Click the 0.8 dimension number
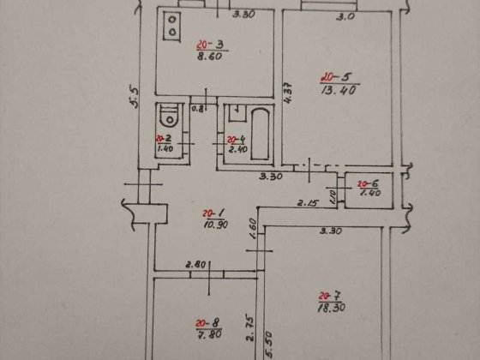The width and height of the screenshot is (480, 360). [196, 109]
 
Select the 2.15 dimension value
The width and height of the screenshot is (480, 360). [307, 203]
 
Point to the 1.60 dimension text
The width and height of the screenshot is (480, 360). [253, 229]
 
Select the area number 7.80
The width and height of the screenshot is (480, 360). [207, 335]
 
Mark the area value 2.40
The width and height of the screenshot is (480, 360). [237, 150]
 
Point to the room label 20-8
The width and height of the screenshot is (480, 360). [206, 323]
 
